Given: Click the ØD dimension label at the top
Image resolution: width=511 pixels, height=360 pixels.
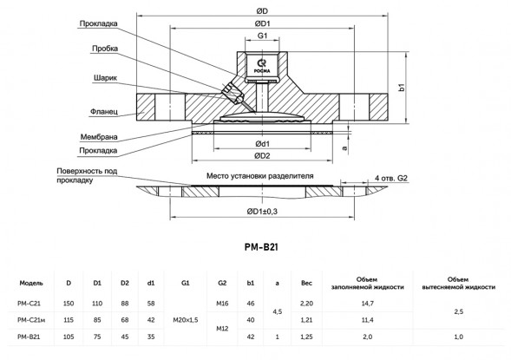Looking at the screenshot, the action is click(262, 11).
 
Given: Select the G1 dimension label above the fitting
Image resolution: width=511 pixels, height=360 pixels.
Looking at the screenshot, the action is click(262, 36).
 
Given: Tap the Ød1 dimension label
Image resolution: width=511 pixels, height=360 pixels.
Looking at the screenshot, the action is click(262, 144).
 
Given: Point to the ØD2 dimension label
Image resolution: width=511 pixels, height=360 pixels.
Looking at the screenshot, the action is click(262, 156).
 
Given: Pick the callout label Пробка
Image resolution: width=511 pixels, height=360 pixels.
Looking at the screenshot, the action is click(105, 49).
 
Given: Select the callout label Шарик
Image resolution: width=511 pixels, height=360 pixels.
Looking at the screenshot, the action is click(105, 78).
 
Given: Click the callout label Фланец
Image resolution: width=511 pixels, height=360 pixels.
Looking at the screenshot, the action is click(103, 112).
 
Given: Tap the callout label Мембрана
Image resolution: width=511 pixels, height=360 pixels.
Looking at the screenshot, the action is click(99, 137).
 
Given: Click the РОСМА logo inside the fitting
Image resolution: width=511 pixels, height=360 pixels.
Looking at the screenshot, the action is click(262, 67).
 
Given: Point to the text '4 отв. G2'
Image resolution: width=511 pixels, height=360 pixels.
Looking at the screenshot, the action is click(391, 178).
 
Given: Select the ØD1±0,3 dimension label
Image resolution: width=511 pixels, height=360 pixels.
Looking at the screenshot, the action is click(262, 212).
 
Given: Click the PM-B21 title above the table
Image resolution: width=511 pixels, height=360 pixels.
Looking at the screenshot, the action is click(261, 247).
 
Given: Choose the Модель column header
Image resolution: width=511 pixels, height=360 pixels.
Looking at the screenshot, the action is click(31, 283).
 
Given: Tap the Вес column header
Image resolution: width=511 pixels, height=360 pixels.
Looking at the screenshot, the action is click(306, 283).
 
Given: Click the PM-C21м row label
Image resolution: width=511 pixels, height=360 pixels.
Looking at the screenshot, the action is click(31, 320).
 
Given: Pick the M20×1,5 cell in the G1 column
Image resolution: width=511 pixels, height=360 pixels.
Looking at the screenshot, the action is click(185, 320).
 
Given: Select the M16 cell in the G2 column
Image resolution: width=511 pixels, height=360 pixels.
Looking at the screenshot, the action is click(222, 304).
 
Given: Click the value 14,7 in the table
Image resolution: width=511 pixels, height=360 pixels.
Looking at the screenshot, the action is click(367, 304).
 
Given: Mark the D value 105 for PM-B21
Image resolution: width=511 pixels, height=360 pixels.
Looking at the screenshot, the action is click(69, 337).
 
